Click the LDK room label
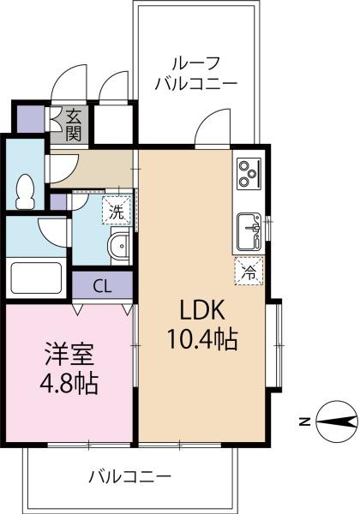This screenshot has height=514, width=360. tap(202, 310)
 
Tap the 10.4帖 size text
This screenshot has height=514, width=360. tap(202, 339)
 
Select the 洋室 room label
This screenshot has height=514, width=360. tap(69, 354)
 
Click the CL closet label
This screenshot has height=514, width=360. tap(102, 286)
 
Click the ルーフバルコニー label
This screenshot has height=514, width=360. tap(196, 74)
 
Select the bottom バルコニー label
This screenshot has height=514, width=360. tap(129, 476)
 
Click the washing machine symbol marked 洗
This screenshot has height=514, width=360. tap(117, 211)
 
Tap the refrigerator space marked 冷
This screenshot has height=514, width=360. tap(249, 271)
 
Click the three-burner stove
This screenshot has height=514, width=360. tap(249, 174)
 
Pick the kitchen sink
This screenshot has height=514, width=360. tap(249, 231)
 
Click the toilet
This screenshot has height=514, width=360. tap(25, 192)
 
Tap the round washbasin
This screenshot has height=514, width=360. tap(120, 246)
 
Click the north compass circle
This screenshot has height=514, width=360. tap(337, 421)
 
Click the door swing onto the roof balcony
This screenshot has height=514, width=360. tap(213, 126)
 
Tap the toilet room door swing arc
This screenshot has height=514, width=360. tap(64, 169)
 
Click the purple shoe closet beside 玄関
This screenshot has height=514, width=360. tap(30, 119)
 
